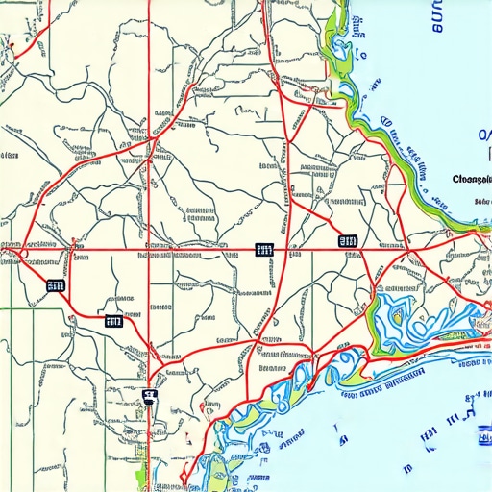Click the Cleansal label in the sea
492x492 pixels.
pyautogui.click(x=470, y=179)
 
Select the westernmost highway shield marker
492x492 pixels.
pyautogui.click(x=55, y=285)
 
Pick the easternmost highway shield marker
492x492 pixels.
pyautogui.click(x=348, y=242)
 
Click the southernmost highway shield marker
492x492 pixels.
pyautogui.click(x=148, y=395)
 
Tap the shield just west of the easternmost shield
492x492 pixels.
pyautogui.click(x=263, y=250)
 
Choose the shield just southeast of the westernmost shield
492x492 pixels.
pyautogui.click(x=113, y=322)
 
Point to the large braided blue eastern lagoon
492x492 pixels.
pyautogui.click(x=408, y=322)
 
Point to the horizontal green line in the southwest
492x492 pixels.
pyautogui.click(x=19, y=309)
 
